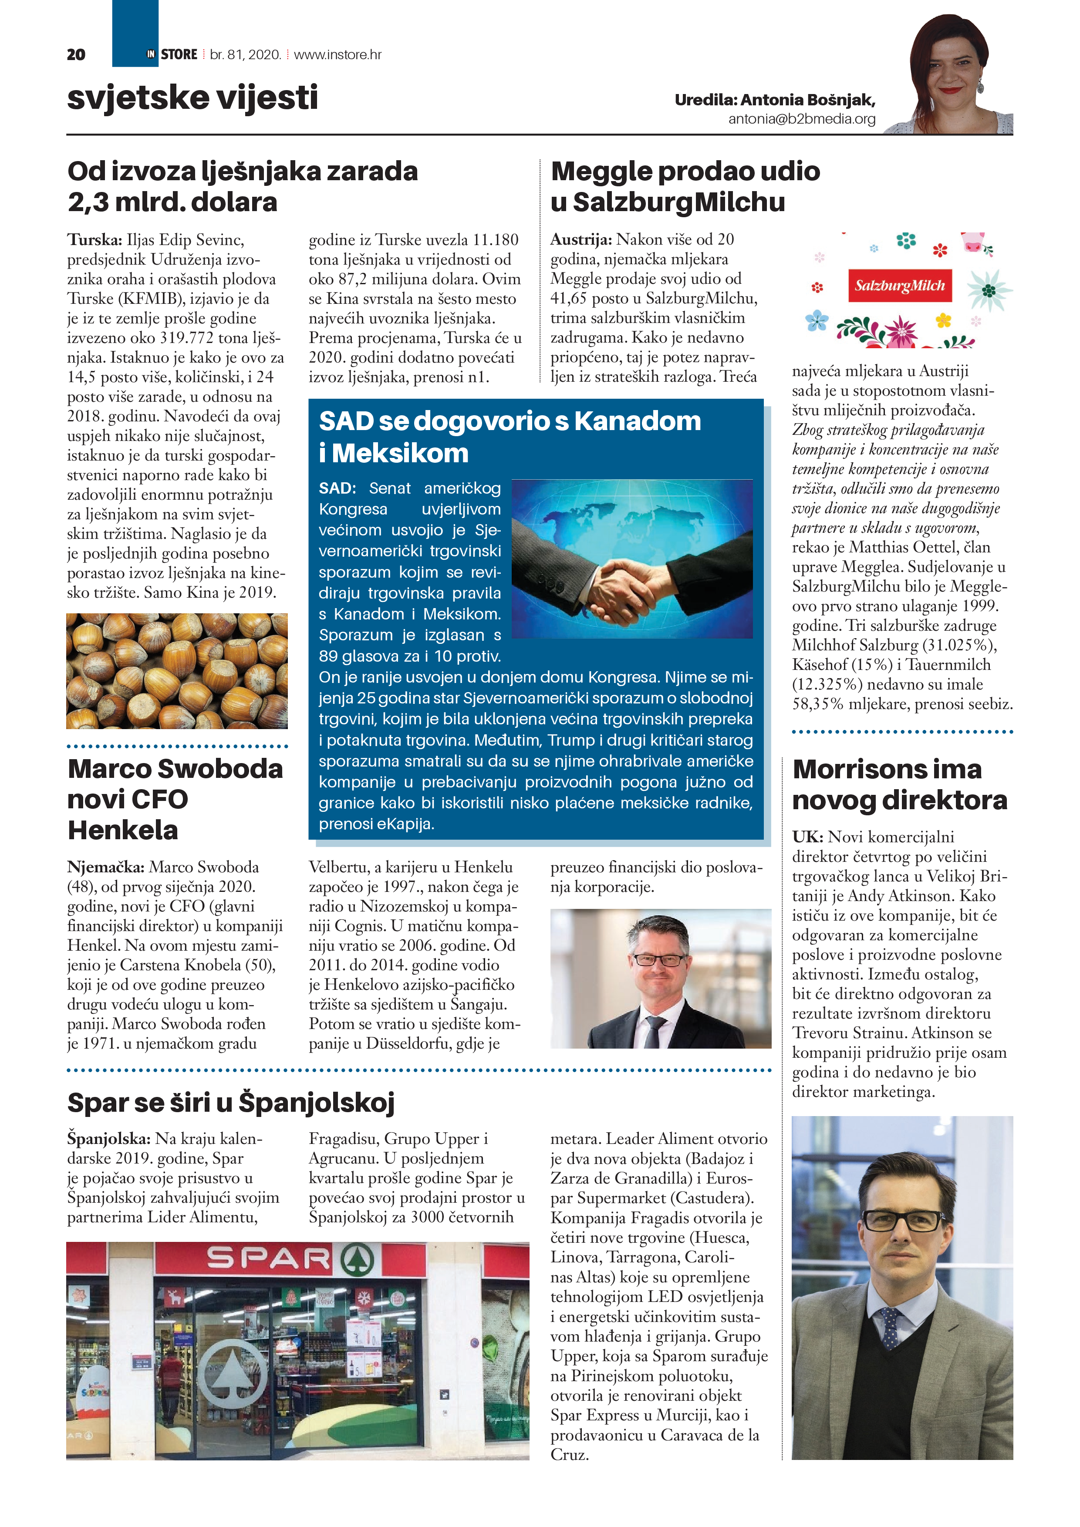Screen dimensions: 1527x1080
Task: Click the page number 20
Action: click(76, 54)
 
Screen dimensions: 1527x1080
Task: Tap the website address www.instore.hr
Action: click(337, 54)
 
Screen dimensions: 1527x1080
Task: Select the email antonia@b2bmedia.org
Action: click(801, 119)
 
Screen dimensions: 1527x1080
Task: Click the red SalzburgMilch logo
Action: click(900, 285)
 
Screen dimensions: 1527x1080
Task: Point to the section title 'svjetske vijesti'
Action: click(192, 98)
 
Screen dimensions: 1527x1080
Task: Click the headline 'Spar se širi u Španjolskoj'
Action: click(231, 1102)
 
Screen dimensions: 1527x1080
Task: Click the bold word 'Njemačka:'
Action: click(106, 867)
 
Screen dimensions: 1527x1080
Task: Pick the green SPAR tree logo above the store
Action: click(358, 1259)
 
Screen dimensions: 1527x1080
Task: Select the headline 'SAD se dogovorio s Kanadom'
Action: click(510, 421)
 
